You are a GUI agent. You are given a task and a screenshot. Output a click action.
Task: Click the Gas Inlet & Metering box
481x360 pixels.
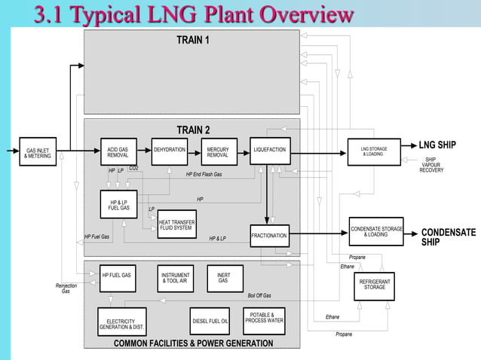tap(38, 153)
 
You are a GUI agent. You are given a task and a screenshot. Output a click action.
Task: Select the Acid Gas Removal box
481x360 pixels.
tap(118, 152)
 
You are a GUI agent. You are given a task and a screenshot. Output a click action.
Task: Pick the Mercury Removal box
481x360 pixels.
tap(219, 152)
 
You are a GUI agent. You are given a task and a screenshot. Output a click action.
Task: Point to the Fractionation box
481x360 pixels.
tap(269, 236)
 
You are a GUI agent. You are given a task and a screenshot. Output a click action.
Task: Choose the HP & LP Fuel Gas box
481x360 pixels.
tap(119, 204)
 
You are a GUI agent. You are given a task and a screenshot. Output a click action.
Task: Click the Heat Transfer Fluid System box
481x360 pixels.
tap(176, 224)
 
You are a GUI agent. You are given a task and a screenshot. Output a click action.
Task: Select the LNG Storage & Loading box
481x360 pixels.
tap(375, 152)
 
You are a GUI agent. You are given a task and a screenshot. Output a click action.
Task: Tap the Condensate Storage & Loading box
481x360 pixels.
tap(376, 231)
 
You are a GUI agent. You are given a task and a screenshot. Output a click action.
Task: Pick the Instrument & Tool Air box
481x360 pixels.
tap(175, 278)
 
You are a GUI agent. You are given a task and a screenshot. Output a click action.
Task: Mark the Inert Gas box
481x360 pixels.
tap(224, 278)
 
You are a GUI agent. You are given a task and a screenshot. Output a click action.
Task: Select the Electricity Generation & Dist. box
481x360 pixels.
tap(121, 322)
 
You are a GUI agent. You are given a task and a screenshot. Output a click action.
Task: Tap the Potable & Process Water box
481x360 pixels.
tap(264, 320)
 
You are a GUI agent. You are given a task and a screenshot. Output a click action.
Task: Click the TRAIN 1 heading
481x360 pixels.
tap(193, 39)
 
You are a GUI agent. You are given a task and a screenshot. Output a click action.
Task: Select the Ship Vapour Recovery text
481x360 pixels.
tap(430, 165)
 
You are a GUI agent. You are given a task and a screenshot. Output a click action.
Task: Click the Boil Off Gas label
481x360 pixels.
tap(259, 296)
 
